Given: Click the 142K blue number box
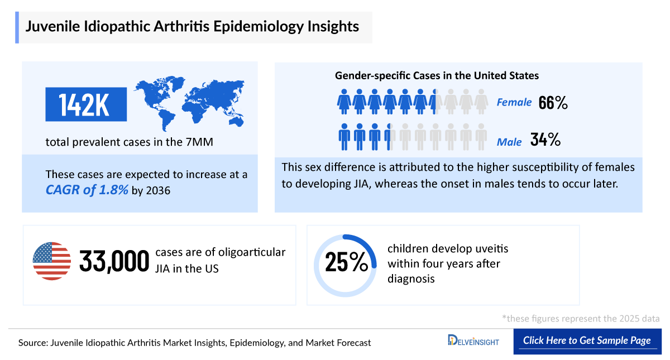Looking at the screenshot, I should click(x=85, y=104).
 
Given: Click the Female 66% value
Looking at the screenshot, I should click(x=553, y=103).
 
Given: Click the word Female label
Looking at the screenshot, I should click(x=514, y=103).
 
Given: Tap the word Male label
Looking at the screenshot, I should click(x=509, y=142).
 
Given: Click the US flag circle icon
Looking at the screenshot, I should click(x=52, y=261).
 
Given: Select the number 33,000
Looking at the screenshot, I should click(x=114, y=261).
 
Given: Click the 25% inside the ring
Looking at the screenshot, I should click(x=346, y=262).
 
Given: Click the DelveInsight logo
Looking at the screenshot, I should click(x=473, y=340).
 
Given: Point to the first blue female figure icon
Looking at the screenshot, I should click(x=343, y=102).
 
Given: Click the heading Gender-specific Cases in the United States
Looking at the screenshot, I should click(x=437, y=75).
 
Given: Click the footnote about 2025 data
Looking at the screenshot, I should click(x=581, y=319).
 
